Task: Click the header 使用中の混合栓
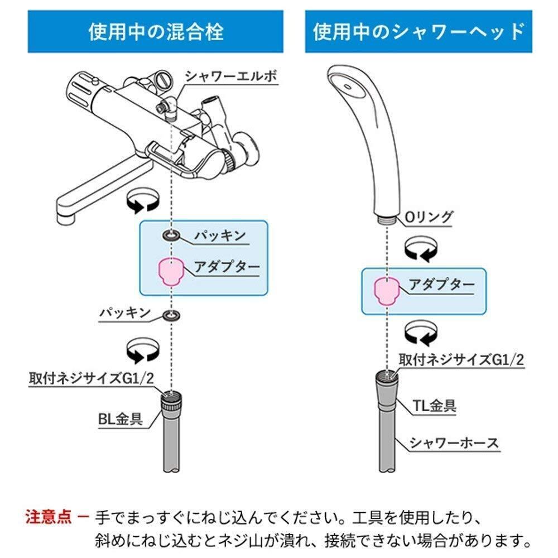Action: (156, 32)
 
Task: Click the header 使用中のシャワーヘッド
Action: (419, 32)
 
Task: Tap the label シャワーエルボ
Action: (231, 76)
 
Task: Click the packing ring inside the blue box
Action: (171, 235)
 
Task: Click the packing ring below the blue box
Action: (171, 315)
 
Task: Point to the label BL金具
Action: (121, 419)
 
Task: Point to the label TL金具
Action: (434, 405)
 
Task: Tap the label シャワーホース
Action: (454, 443)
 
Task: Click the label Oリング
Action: (429, 217)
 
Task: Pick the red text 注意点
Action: (48, 517)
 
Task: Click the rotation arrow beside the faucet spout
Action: (143, 200)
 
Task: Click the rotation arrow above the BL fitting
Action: (143, 351)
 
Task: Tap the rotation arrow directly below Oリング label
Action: (421, 249)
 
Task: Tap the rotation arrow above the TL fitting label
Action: (421, 333)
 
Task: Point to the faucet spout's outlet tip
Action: (66, 219)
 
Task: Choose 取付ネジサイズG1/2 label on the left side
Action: (91, 378)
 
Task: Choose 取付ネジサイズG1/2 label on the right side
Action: (461, 359)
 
